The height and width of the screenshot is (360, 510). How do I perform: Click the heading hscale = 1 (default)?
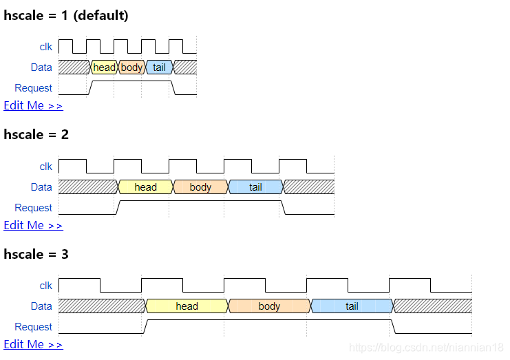click(66, 15)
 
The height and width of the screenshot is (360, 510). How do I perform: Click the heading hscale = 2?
click(36, 134)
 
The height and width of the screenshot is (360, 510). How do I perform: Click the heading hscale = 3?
click(36, 254)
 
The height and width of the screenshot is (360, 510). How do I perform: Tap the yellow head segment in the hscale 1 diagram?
click(104, 67)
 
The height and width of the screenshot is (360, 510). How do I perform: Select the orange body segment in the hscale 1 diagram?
click(131, 67)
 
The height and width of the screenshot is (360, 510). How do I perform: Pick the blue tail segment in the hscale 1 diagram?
click(159, 67)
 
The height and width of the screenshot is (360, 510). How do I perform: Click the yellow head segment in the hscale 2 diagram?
click(145, 187)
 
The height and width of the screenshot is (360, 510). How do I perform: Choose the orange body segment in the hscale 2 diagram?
click(200, 187)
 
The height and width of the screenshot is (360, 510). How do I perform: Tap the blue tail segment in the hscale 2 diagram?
click(255, 187)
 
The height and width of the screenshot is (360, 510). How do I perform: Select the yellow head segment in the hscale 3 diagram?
click(187, 306)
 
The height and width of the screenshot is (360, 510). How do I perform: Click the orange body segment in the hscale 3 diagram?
click(269, 306)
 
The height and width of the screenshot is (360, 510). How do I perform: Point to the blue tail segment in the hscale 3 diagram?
click(352, 306)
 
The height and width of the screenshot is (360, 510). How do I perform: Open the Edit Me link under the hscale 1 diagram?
click(33, 105)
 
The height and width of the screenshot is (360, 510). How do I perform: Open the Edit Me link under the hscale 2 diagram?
click(33, 225)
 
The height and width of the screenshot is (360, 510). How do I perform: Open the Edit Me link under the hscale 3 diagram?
click(33, 344)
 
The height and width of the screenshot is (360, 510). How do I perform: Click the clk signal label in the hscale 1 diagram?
click(46, 47)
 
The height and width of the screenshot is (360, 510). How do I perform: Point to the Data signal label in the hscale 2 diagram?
click(41, 187)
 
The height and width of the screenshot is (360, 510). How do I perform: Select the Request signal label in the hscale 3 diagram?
click(33, 327)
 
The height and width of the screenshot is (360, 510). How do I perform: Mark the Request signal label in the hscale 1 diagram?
click(33, 88)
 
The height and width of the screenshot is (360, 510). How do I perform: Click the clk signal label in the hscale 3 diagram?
click(46, 286)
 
